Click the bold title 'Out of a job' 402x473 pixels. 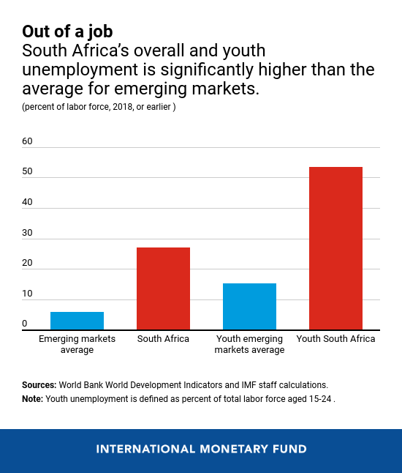pyautogui.click(x=67, y=31)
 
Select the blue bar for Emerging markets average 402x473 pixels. pyautogui.click(x=77, y=321)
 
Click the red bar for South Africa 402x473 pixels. pyautogui.click(x=163, y=288)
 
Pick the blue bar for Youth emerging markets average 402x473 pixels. pyautogui.click(x=249, y=307)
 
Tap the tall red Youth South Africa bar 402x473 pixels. pyautogui.click(x=335, y=248)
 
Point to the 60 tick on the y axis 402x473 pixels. pyautogui.click(x=28, y=141)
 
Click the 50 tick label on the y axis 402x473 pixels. pyautogui.click(x=28, y=171)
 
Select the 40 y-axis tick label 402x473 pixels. pyautogui.click(x=28, y=202)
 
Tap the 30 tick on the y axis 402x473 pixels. pyautogui.click(x=28, y=233)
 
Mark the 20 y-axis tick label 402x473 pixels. pyautogui.click(x=28, y=264)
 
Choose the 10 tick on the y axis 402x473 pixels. pyautogui.click(x=28, y=294)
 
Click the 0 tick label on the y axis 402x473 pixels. pyautogui.click(x=25, y=324)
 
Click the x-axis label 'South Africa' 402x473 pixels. pyautogui.click(x=163, y=339)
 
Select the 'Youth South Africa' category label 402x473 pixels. pyautogui.click(x=335, y=339)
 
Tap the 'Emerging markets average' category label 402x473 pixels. pyautogui.click(x=77, y=344)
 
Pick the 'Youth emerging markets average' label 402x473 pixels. pyautogui.click(x=249, y=344)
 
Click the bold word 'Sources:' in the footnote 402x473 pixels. pyautogui.click(x=39, y=384)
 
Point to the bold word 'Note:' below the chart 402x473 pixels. pyautogui.click(x=33, y=399)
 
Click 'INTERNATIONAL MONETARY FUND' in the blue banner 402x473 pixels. pyautogui.click(x=201, y=449)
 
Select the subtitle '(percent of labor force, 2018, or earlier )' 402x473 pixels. pyautogui.click(x=99, y=108)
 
